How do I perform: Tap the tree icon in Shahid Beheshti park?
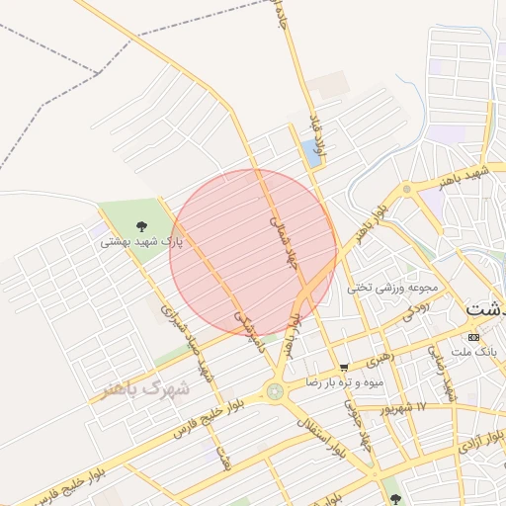pos(140,228)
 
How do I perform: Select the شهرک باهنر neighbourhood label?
pos(142,387)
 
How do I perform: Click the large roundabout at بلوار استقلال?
pos(274,392)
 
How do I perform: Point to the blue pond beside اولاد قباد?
pos(312,153)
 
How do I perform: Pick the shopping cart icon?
pos(343,367)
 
